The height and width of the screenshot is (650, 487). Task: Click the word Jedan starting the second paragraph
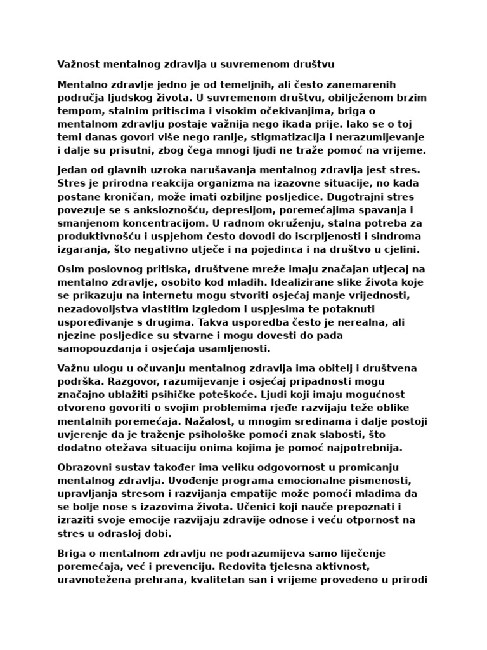tap(74, 170)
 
